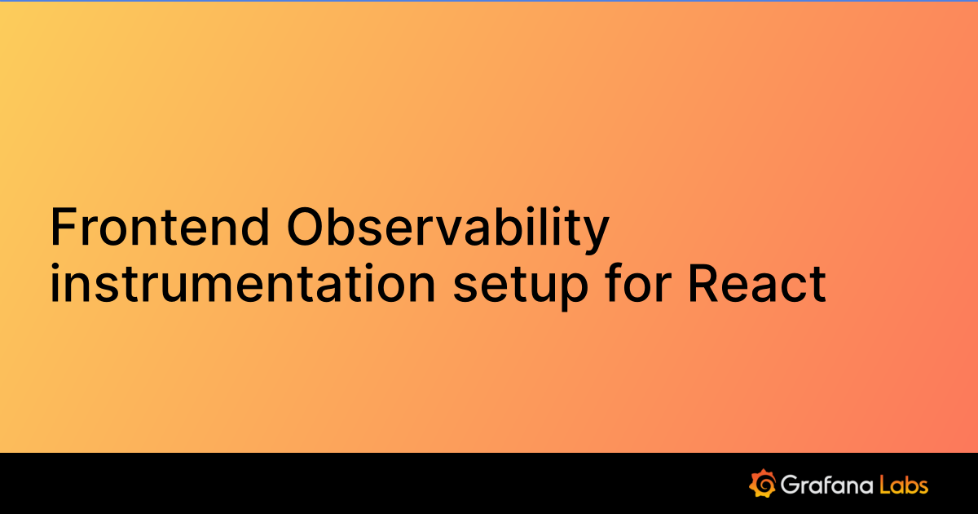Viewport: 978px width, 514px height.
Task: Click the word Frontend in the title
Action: pyautogui.click(x=160, y=227)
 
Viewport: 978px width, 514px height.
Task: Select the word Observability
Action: pyautogui.click(x=447, y=230)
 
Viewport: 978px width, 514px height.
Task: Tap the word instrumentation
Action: pyautogui.click(x=243, y=283)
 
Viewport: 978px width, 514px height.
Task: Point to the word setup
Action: pyautogui.click(x=521, y=286)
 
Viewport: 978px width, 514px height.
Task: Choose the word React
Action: pyautogui.click(x=756, y=283)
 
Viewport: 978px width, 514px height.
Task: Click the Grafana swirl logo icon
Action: pyautogui.click(x=762, y=483)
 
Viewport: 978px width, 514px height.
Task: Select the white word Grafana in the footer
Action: pyautogui.click(x=827, y=485)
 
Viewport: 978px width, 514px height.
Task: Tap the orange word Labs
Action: pyautogui.click(x=904, y=485)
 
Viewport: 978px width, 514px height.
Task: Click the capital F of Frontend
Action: pyautogui.click(x=64, y=227)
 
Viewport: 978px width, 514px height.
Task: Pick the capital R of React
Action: pyautogui.click(x=703, y=283)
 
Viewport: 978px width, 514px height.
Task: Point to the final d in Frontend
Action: pyautogui.click(x=254, y=227)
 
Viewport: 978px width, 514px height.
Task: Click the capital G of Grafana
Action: pyautogui.click(x=790, y=485)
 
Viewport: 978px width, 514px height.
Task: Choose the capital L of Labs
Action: pyautogui.click(x=886, y=485)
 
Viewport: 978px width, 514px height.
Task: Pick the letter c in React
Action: pyautogui.click(x=794, y=288)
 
